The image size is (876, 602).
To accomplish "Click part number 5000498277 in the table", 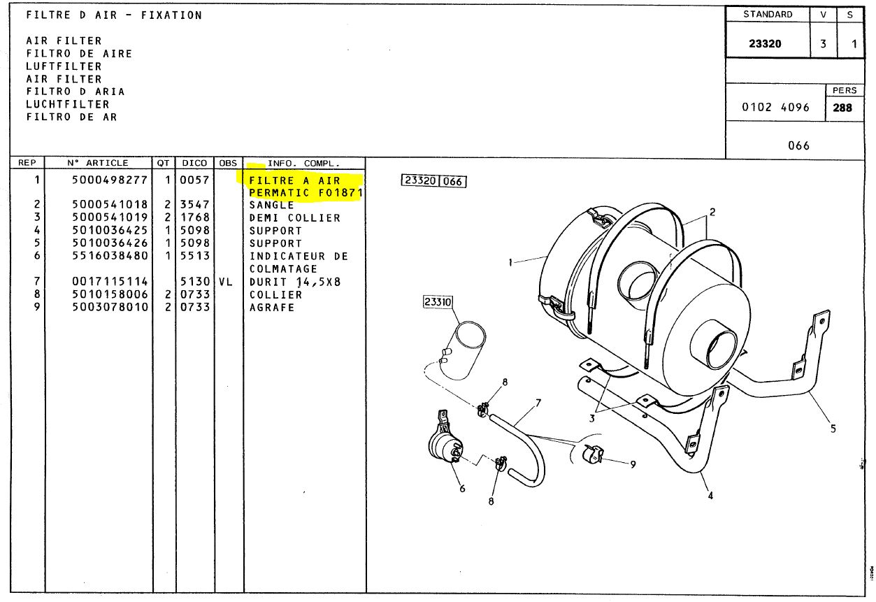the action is [110, 180].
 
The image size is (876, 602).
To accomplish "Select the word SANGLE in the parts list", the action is [272, 205].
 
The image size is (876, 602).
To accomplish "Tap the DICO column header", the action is [194, 163].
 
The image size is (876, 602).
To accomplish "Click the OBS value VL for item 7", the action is [225, 282].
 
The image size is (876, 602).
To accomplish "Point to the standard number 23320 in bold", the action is [765, 43].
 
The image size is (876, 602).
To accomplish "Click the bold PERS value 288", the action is [842, 108].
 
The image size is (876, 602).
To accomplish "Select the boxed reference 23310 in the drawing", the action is [438, 301].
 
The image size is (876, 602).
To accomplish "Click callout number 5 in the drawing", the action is [833, 429].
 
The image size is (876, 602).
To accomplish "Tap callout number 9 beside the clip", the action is [633, 464].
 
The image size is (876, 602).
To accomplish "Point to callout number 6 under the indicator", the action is [462, 489].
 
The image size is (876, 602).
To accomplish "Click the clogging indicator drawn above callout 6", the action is [446, 441].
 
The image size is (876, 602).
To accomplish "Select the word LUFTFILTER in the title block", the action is [64, 66].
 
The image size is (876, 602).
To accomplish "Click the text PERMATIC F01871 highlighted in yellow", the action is [306, 193].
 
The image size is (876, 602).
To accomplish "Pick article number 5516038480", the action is [110, 256].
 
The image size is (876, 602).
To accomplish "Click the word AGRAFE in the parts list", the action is [272, 308].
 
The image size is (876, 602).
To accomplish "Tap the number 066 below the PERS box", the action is [798, 145].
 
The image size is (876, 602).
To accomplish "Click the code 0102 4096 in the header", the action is [775, 107].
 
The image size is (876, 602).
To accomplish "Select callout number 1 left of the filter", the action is [510, 262].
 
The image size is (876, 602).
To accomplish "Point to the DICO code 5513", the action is [195, 256].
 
